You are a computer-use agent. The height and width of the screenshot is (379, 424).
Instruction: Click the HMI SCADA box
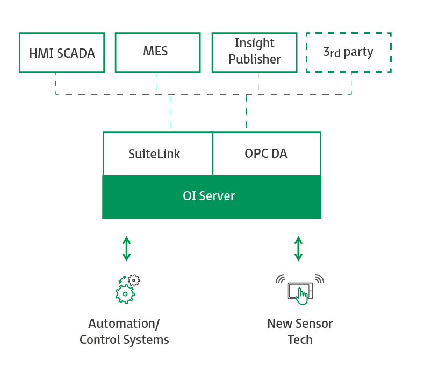(x=62, y=53)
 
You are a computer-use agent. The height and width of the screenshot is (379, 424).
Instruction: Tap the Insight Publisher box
(x=254, y=52)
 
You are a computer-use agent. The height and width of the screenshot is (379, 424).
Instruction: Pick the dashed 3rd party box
(x=348, y=52)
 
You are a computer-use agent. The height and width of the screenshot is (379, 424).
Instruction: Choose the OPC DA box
(x=267, y=154)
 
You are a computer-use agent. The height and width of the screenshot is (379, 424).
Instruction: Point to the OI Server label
(x=209, y=196)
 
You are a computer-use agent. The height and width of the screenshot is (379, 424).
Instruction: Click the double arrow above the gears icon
(x=126, y=248)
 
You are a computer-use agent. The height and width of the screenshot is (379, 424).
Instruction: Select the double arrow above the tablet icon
(x=298, y=248)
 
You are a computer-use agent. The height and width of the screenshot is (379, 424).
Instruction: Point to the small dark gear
(x=134, y=279)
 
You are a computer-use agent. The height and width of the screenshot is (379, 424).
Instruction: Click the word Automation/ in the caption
(x=124, y=324)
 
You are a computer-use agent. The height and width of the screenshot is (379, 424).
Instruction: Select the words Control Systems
(x=124, y=340)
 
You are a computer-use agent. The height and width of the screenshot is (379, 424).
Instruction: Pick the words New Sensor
(x=300, y=324)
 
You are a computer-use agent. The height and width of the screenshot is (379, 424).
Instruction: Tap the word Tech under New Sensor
(x=300, y=340)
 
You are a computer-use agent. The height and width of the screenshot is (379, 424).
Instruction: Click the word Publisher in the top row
(x=255, y=59)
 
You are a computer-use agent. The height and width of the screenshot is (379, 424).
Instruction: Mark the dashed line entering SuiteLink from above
(x=170, y=113)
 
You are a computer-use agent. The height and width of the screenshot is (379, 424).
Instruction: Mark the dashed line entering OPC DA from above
(x=247, y=113)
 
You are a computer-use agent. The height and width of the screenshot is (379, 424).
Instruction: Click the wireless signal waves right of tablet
(x=319, y=279)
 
